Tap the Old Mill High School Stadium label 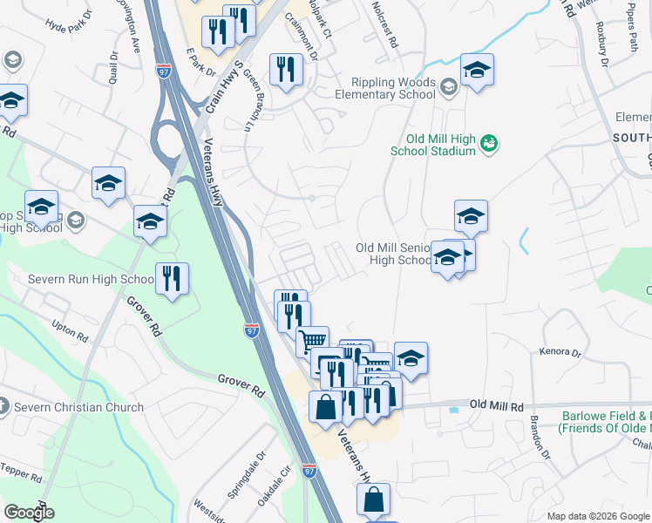tap(441, 145)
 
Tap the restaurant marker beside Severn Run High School tap(171, 279)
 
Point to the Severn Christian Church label tap(78, 407)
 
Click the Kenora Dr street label tap(560, 353)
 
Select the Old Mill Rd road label tap(495, 405)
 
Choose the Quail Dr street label tap(113, 73)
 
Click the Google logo tap(30, 512)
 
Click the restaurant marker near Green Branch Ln tap(286, 69)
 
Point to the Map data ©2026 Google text tap(598, 516)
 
